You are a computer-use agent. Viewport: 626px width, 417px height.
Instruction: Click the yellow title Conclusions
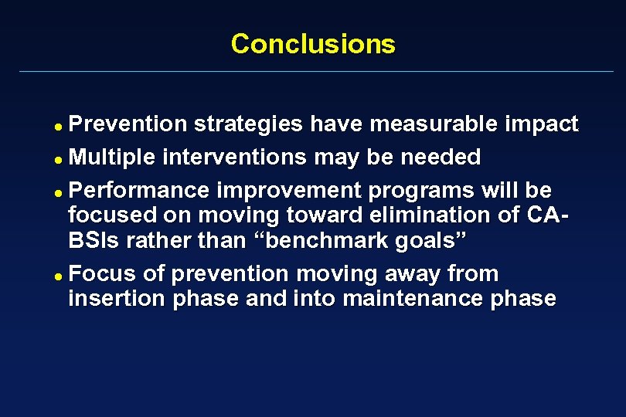click(x=313, y=43)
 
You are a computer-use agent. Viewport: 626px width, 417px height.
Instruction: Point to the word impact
click(x=541, y=124)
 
